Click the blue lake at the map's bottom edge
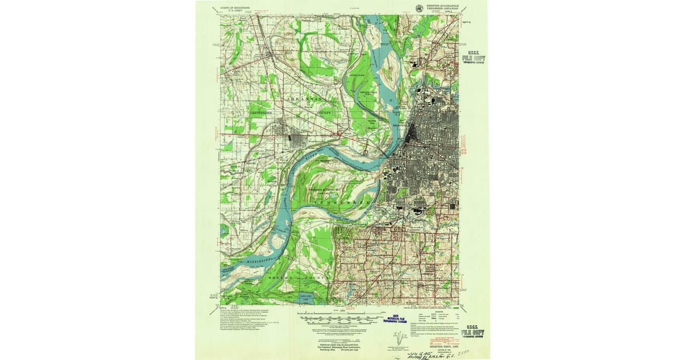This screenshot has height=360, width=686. point(302,298)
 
